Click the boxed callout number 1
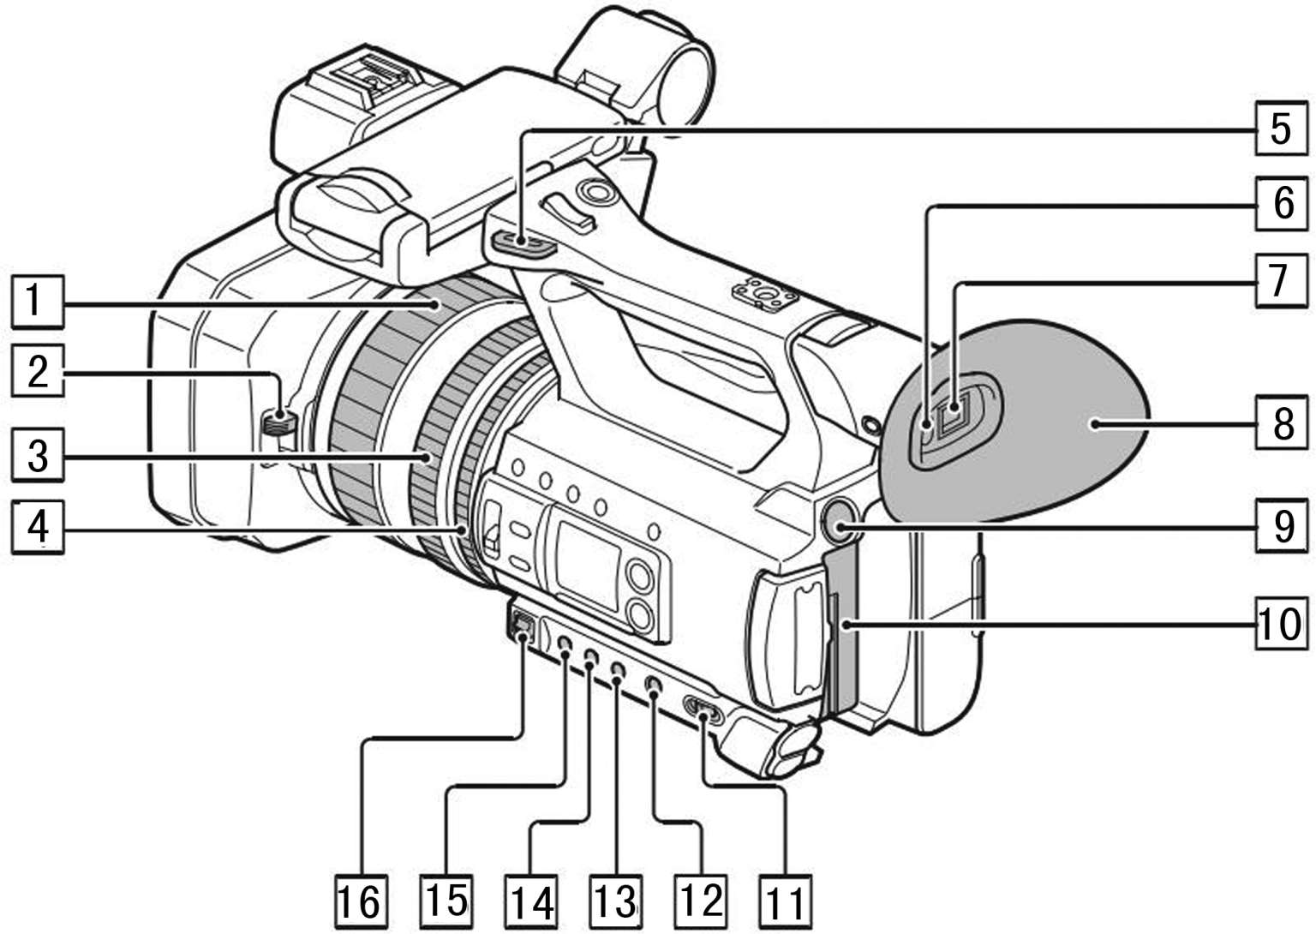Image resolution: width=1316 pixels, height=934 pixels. (x=35, y=302)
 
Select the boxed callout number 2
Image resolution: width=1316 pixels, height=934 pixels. (x=35, y=373)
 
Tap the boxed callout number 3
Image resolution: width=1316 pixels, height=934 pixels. (x=35, y=454)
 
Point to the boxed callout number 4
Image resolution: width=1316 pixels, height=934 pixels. (x=35, y=527)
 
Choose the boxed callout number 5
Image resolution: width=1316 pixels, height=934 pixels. (x=1279, y=129)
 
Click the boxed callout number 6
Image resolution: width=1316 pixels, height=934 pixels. (x=1280, y=204)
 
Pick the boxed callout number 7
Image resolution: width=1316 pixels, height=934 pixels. (x=1280, y=279)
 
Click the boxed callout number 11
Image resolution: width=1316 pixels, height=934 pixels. (x=783, y=900)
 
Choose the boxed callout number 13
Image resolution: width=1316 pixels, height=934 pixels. (x=615, y=900)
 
